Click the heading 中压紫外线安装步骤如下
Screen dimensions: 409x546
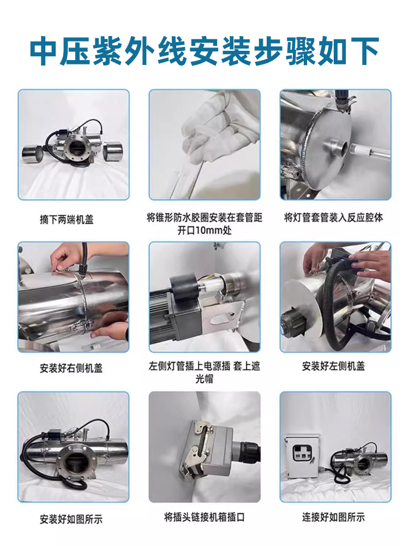click(204, 51)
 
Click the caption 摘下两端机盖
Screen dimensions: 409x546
click(67, 219)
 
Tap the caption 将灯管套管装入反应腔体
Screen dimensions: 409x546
click(334, 218)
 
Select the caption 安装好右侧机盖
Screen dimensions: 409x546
click(71, 368)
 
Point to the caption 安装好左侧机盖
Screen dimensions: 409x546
click(334, 366)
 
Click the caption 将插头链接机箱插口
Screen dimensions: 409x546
click(204, 517)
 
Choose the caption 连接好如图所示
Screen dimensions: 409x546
click(334, 517)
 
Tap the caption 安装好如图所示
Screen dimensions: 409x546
click(71, 519)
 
